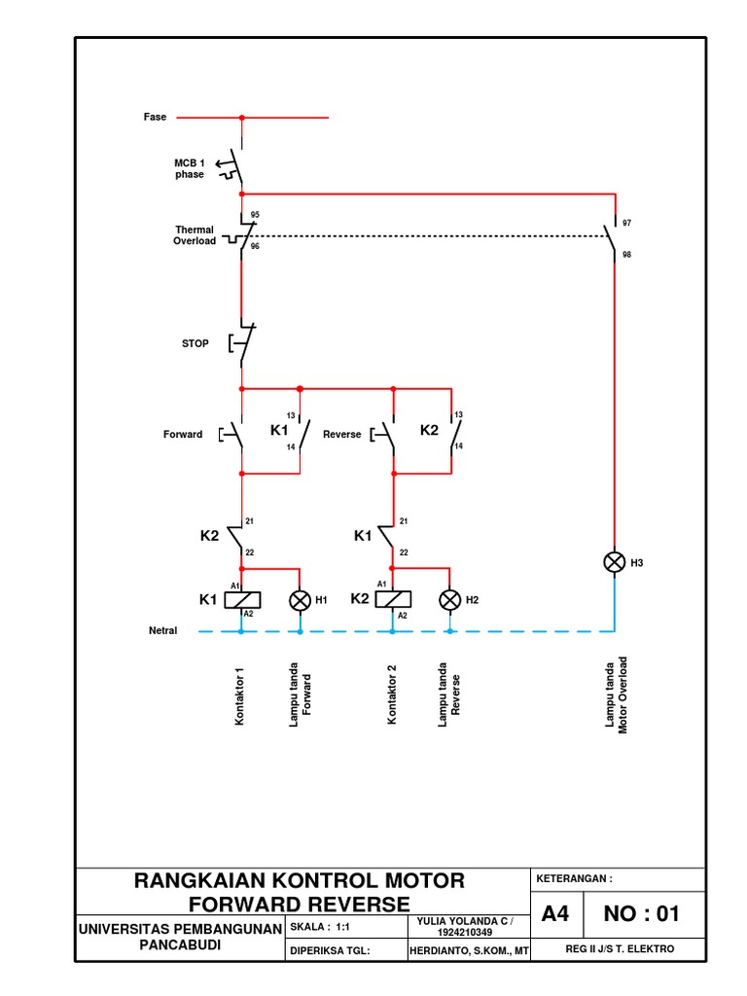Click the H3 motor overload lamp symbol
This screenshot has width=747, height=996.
614,562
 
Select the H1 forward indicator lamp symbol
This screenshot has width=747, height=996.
300,600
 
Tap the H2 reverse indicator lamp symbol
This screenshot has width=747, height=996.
449,600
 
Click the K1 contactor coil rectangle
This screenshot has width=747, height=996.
241,599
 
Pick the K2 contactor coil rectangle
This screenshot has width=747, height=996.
392,599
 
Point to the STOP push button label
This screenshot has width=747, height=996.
196,343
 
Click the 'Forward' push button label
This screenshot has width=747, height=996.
183,434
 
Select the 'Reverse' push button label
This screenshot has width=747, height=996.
341,434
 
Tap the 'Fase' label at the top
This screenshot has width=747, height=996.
156,117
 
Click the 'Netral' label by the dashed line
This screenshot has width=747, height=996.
162,630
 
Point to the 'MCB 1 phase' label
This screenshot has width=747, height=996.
190,168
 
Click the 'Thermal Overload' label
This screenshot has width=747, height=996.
195,235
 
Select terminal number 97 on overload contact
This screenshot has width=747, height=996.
627,223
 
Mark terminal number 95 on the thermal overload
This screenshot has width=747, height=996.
255,214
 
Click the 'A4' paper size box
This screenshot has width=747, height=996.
555,914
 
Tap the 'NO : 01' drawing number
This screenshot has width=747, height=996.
642,914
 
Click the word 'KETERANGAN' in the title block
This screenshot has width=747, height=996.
574,878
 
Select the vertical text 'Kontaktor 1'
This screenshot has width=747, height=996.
240,695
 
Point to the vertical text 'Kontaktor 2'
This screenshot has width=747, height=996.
392,695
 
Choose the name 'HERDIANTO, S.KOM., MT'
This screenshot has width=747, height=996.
470,949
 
